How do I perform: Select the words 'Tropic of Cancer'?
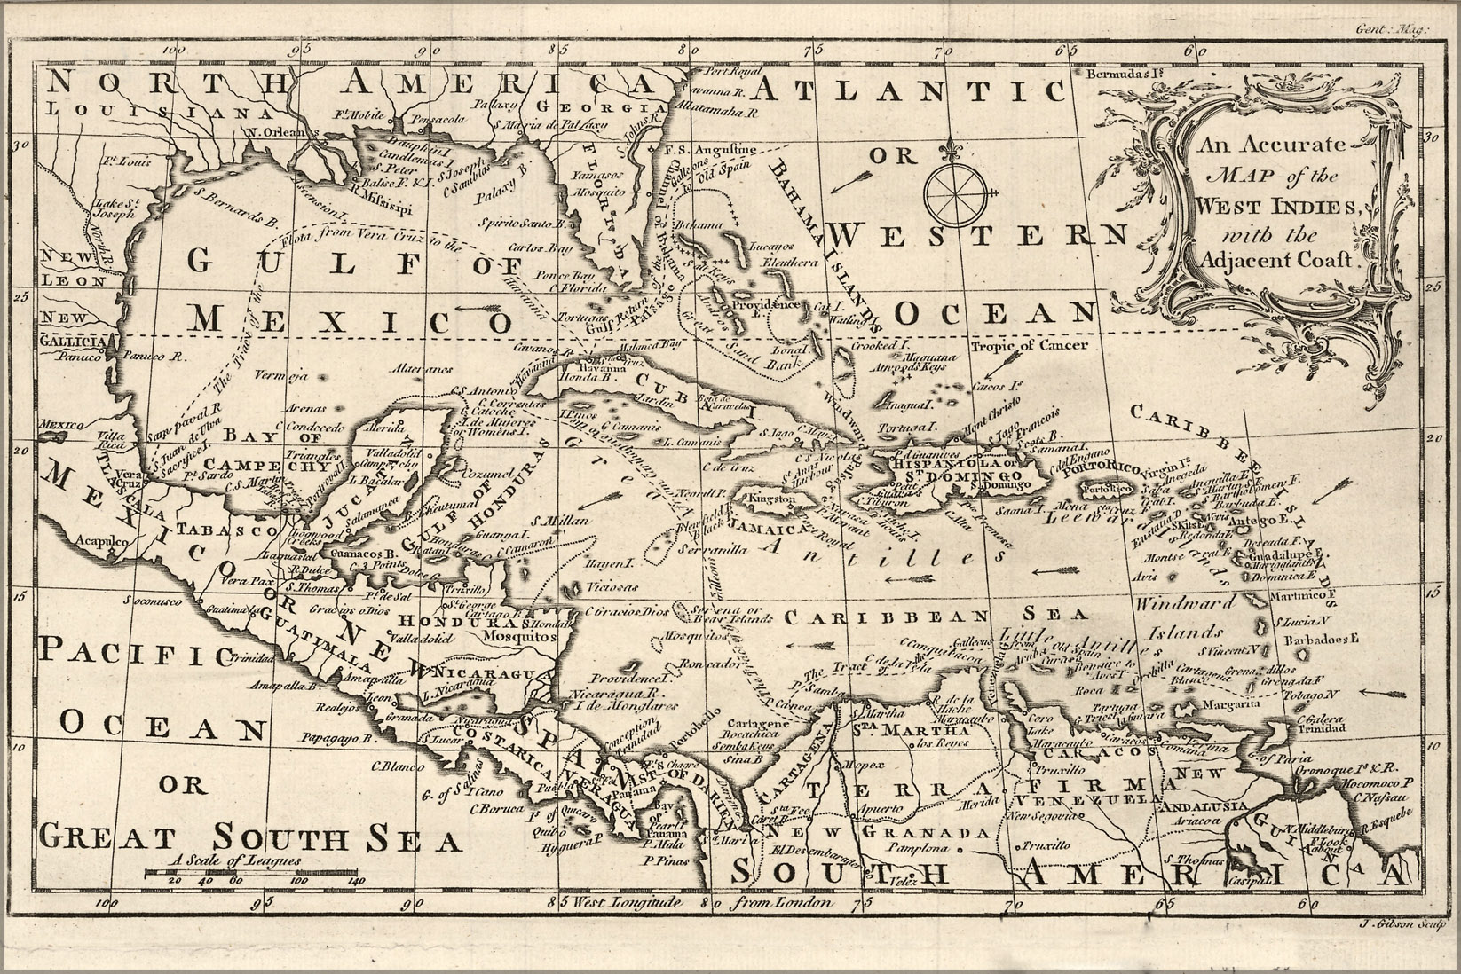pos(1029,345)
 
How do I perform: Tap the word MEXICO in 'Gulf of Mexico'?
pos(351,318)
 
